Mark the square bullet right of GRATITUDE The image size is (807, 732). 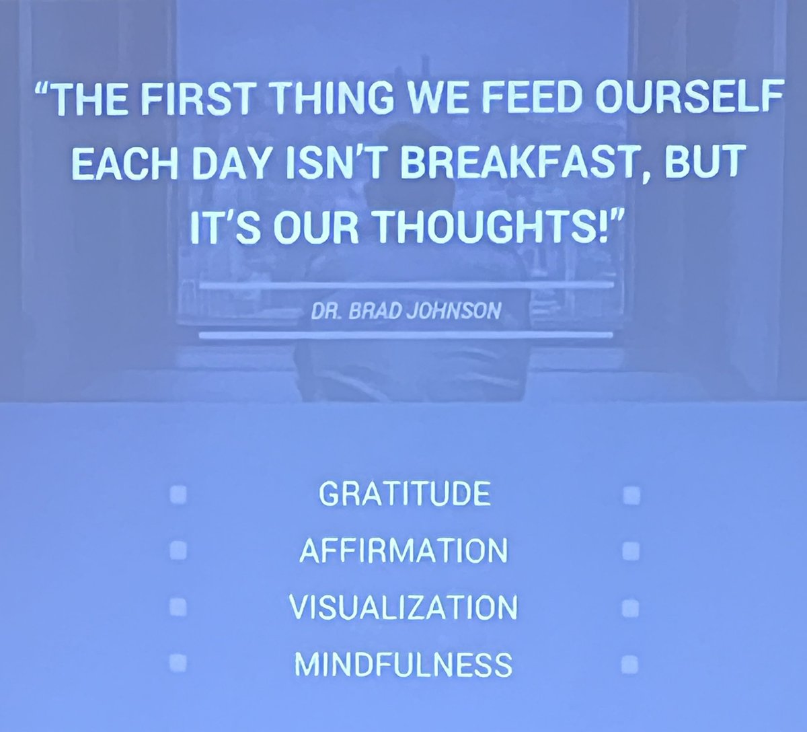click(x=630, y=496)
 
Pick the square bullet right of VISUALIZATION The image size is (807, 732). click(x=630, y=608)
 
